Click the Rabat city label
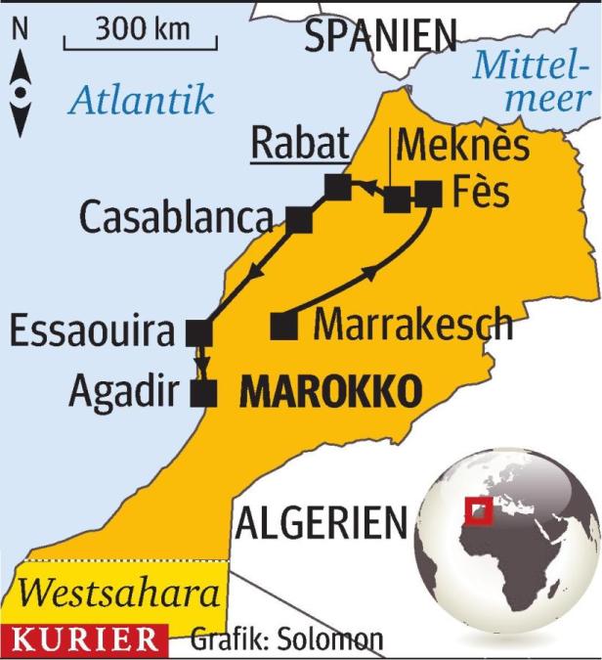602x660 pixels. pos(301,145)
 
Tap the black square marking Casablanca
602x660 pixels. pos(300,220)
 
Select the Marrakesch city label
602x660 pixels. pos(413,324)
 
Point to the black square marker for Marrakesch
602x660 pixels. pos(283,326)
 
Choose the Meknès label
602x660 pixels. pos(465,148)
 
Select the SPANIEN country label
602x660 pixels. pos(379,36)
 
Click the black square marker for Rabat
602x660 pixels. pos(337,186)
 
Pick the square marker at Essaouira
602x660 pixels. pos(198,333)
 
